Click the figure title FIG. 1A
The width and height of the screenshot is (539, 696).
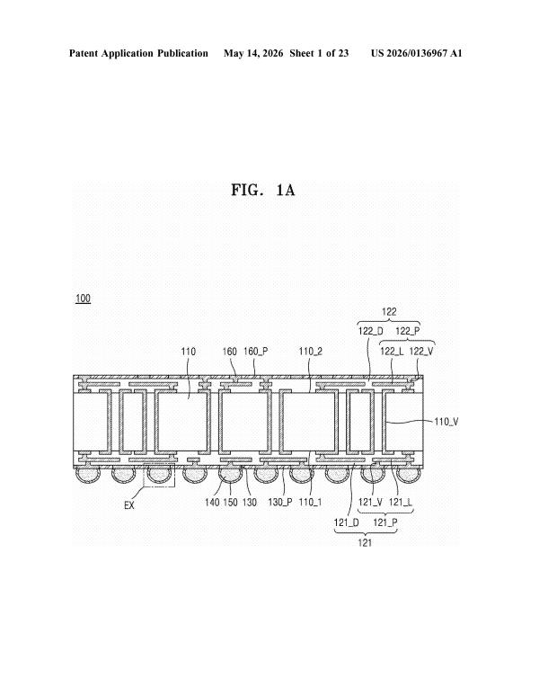[263, 190]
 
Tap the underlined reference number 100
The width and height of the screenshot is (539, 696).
[83, 299]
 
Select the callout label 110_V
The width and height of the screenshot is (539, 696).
[446, 421]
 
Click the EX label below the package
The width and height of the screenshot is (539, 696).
[129, 505]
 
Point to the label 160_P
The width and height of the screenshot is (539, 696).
[256, 352]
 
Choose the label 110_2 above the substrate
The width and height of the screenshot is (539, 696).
[311, 352]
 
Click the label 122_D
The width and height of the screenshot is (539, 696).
[370, 331]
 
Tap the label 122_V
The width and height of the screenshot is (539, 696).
[421, 352]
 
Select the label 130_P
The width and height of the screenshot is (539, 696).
[280, 502]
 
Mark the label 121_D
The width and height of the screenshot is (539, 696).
[347, 522]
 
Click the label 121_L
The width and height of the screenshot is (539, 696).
[401, 502]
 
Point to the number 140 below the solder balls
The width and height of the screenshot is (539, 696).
[212, 502]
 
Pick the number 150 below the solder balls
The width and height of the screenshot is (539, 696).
[231, 502]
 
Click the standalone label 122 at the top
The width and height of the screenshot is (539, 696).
[389, 312]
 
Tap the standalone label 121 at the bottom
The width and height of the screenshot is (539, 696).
[365, 542]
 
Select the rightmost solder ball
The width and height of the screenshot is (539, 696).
[408, 475]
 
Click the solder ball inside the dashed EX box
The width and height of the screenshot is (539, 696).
[159, 475]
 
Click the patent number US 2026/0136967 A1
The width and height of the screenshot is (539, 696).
[416, 53]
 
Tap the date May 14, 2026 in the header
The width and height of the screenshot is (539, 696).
[253, 53]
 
